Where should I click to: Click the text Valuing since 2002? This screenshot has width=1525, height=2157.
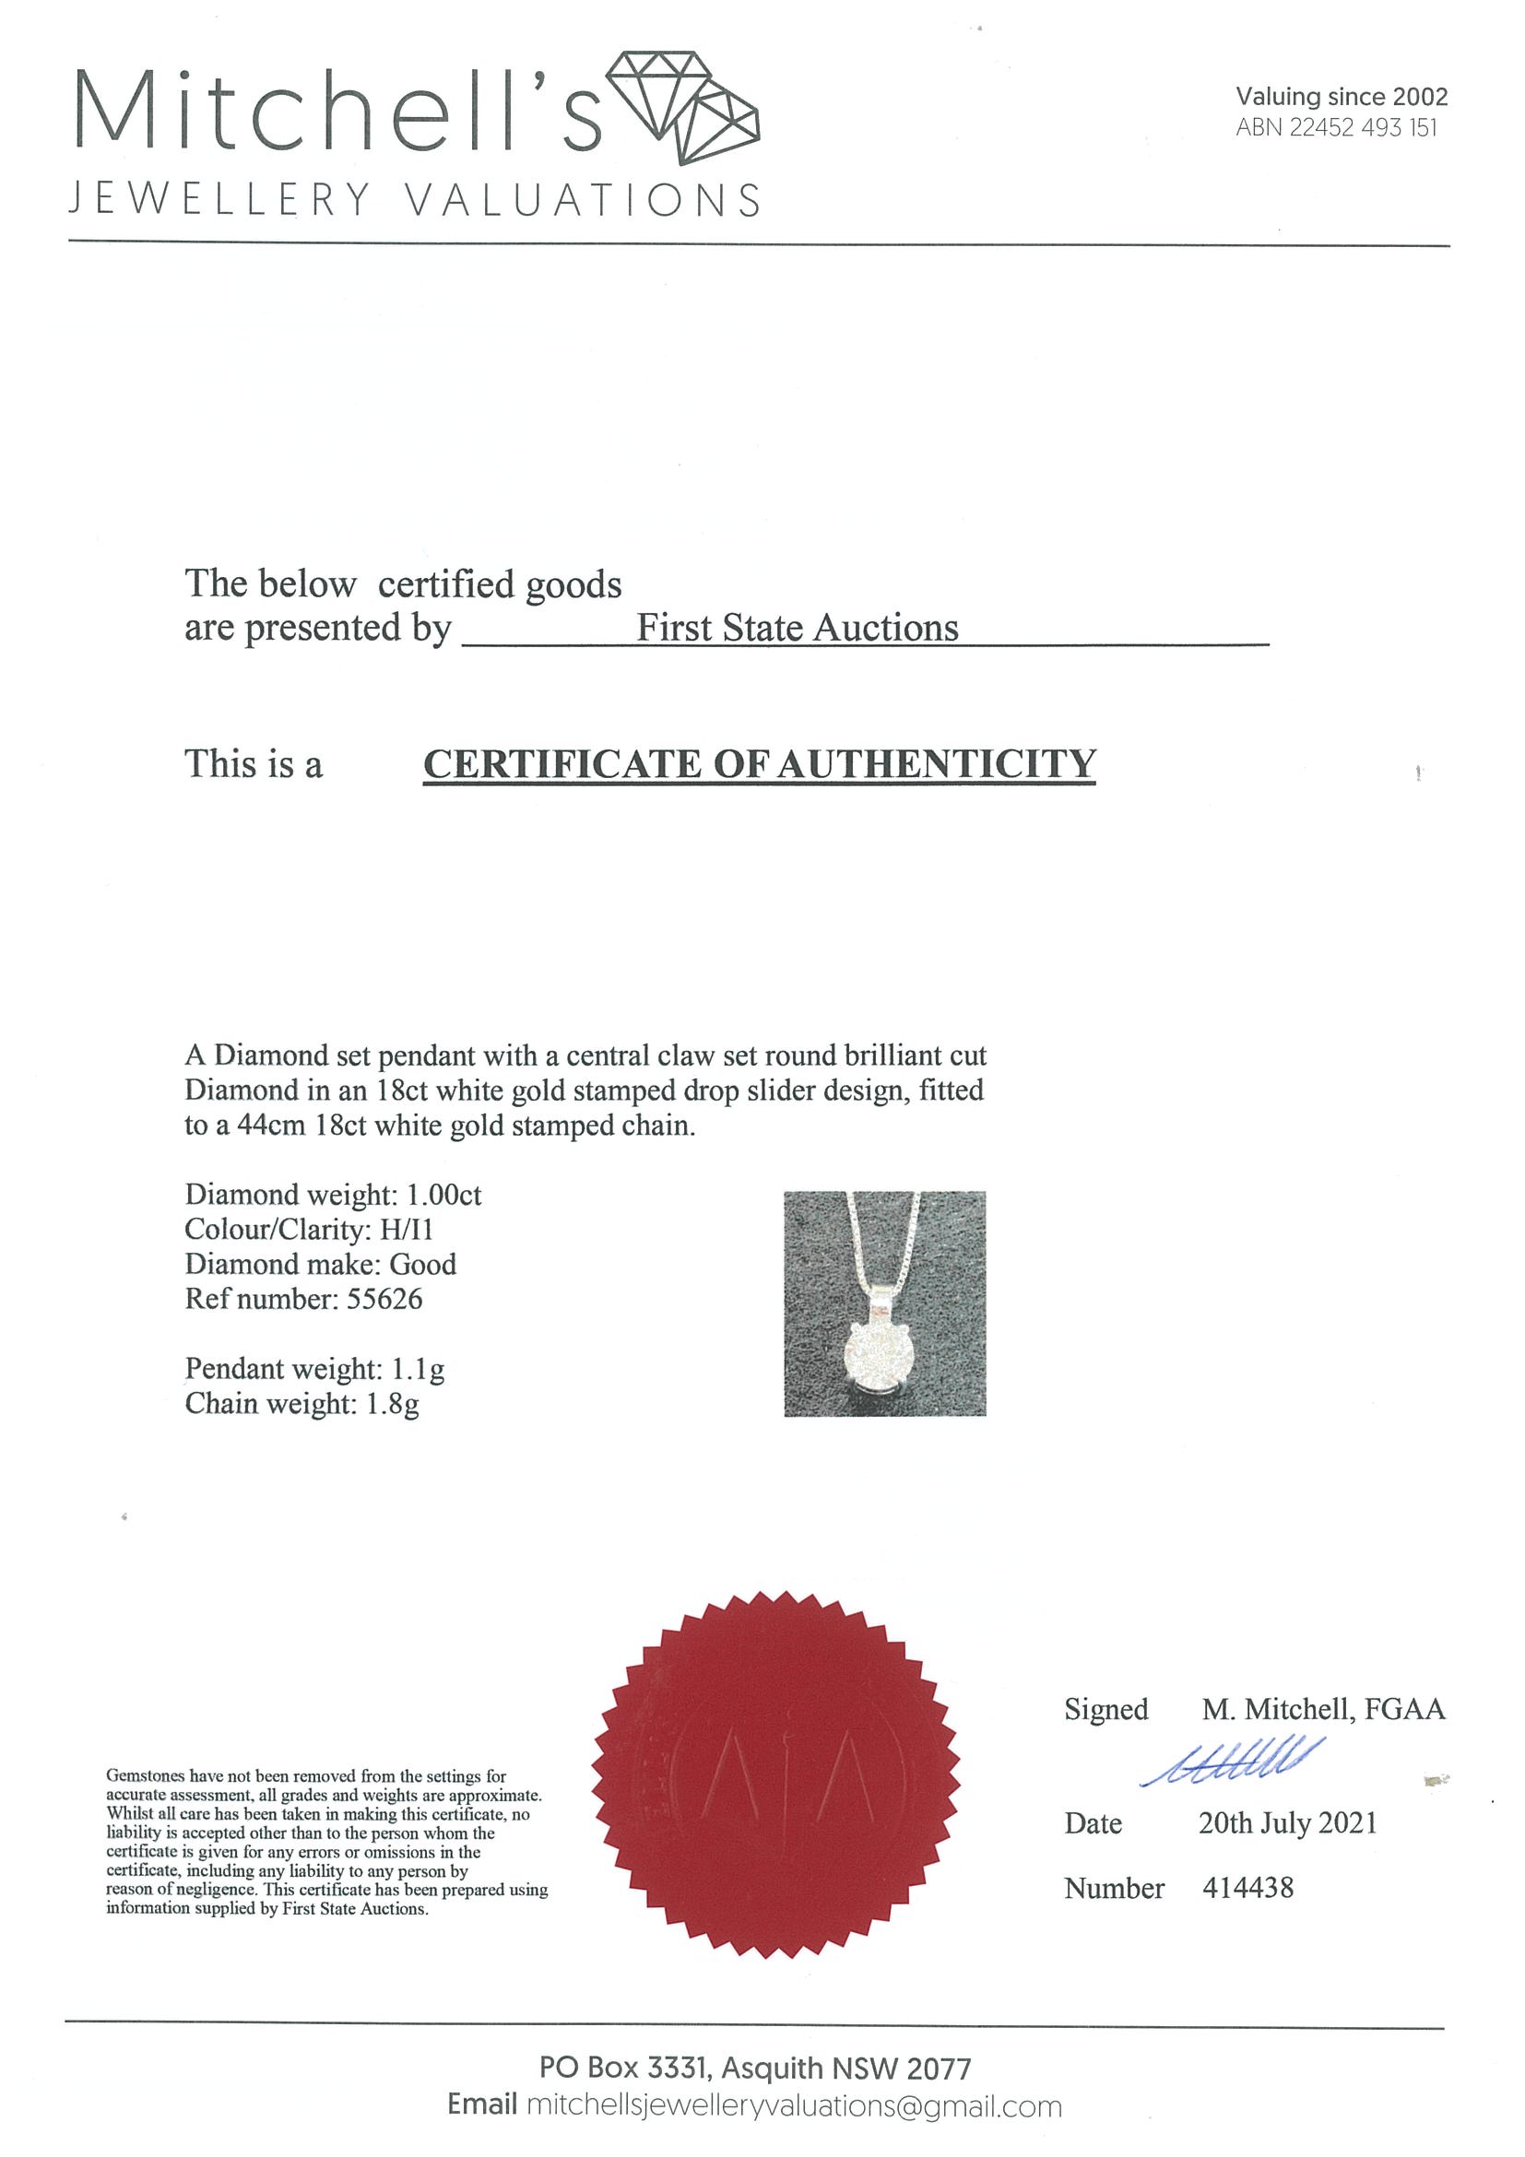point(1341,96)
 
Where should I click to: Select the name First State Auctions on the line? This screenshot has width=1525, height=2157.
point(797,628)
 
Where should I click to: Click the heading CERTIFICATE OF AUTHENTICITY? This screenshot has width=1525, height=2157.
point(759,764)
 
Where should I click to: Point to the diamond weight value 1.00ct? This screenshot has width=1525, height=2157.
point(443,1195)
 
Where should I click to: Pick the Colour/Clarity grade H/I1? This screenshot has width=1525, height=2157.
point(407,1230)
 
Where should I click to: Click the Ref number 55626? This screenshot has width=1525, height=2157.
point(384,1300)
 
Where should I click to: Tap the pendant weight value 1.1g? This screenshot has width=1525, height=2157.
point(417,1369)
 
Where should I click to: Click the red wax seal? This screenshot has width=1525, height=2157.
point(776,1774)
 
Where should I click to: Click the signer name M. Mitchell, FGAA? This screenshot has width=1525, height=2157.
point(1323,1709)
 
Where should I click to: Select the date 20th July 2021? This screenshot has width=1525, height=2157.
point(1287,1823)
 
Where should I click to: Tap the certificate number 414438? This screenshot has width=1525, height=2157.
point(1247,1888)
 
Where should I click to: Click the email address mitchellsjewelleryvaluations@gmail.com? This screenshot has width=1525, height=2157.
point(794,2106)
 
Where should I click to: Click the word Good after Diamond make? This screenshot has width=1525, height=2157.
point(423,1265)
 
